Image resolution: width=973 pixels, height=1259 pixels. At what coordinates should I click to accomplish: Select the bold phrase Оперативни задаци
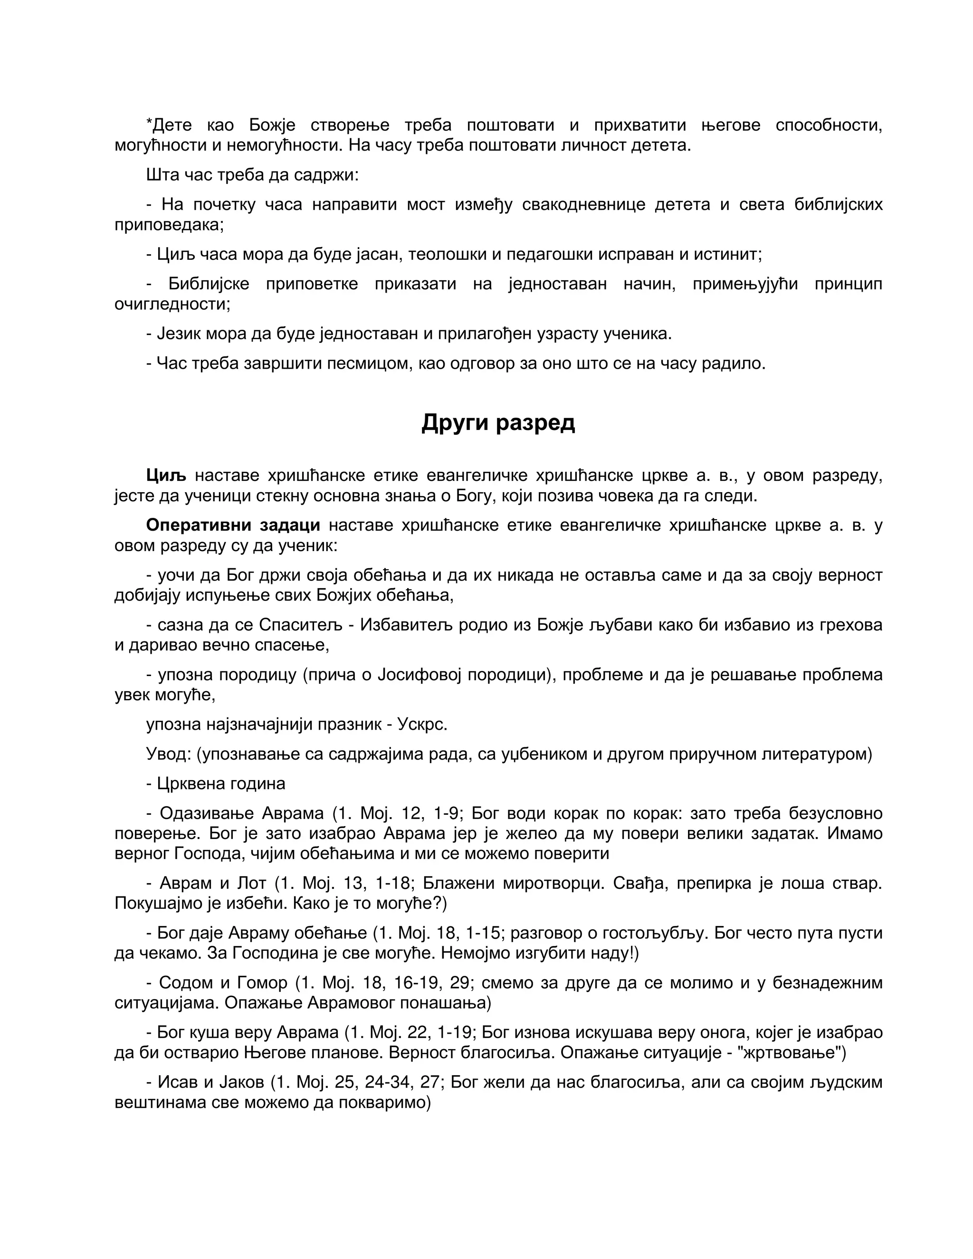tap(233, 525)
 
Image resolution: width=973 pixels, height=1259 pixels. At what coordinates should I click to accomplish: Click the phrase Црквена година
tap(221, 784)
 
